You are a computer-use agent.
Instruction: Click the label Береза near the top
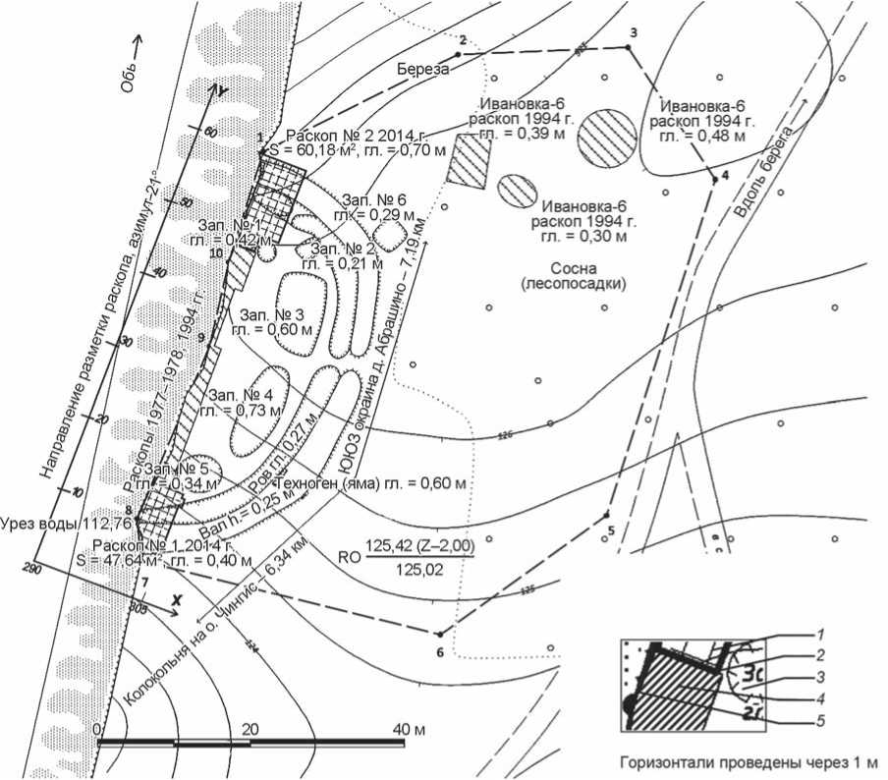coord(422,70)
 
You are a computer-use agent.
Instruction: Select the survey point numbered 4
coord(713,180)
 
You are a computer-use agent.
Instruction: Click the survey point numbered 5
coord(607,515)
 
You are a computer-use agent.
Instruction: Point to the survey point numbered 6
coord(440,634)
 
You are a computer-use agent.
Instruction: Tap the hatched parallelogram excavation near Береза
coord(469,159)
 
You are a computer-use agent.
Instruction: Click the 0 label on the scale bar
coord(96,729)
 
